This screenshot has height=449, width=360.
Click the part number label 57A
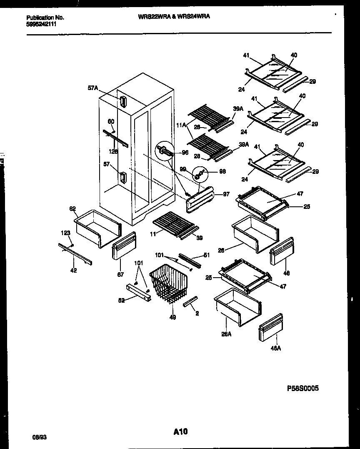pyautogui.click(x=92, y=88)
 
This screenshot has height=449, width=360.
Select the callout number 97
pyautogui.click(x=226, y=194)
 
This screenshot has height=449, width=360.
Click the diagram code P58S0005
pyautogui.click(x=303, y=388)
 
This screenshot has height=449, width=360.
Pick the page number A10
pyautogui.click(x=180, y=432)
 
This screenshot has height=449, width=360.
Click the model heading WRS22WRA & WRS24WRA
pyautogui.click(x=174, y=17)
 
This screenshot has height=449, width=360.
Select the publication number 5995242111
pyautogui.click(x=41, y=24)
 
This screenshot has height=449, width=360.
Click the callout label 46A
pyautogui.click(x=275, y=349)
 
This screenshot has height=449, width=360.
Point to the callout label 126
pyautogui.click(x=113, y=152)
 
